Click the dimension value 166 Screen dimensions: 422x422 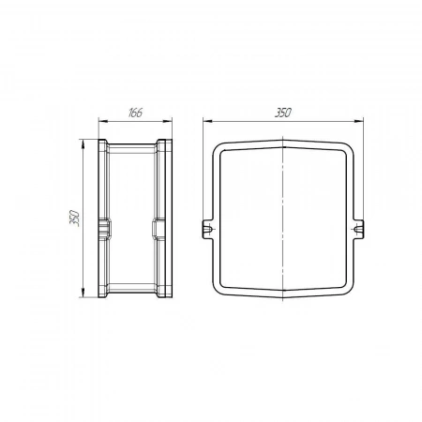point(135,113)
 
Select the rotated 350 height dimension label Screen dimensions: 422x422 point(75,218)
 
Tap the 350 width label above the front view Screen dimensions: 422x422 point(283,113)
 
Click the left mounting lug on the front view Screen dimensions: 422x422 point(207,230)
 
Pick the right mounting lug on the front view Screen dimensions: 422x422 point(358,230)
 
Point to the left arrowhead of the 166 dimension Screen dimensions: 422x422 point(102,122)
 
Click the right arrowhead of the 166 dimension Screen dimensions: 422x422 point(168,122)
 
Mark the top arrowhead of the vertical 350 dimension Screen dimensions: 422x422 point(83,143)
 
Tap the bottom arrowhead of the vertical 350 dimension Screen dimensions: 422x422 point(83,293)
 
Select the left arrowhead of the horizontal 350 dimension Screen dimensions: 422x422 point(207,121)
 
